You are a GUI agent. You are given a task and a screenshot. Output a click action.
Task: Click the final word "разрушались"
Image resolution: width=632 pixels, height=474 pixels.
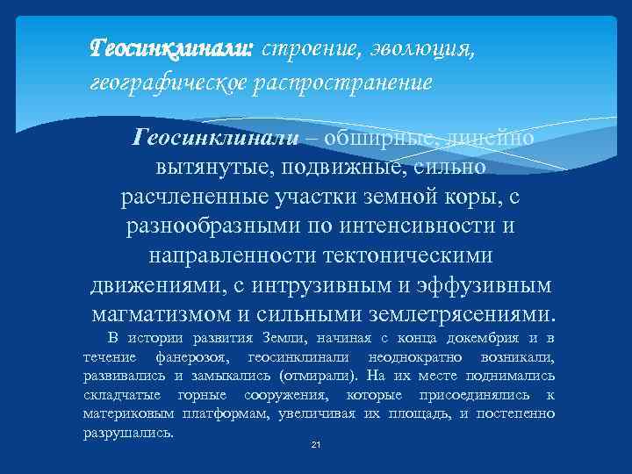pyautogui.click(x=128, y=433)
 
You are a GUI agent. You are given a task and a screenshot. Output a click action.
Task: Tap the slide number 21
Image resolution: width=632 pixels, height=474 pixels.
pyautogui.click(x=316, y=446)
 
